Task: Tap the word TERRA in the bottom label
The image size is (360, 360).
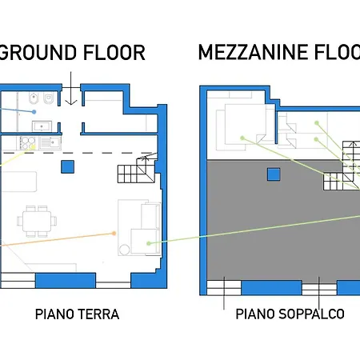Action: pyautogui.click(x=98, y=314)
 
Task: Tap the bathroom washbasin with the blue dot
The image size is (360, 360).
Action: pyautogui.click(x=42, y=126)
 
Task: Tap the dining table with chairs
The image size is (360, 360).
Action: pyautogui.click(x=36, y=219)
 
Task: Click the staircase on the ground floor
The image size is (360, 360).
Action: pyautogui.click(x=134, y=170)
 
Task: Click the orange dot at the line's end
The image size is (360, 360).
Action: pyautogui.click(x=115, y=234)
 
